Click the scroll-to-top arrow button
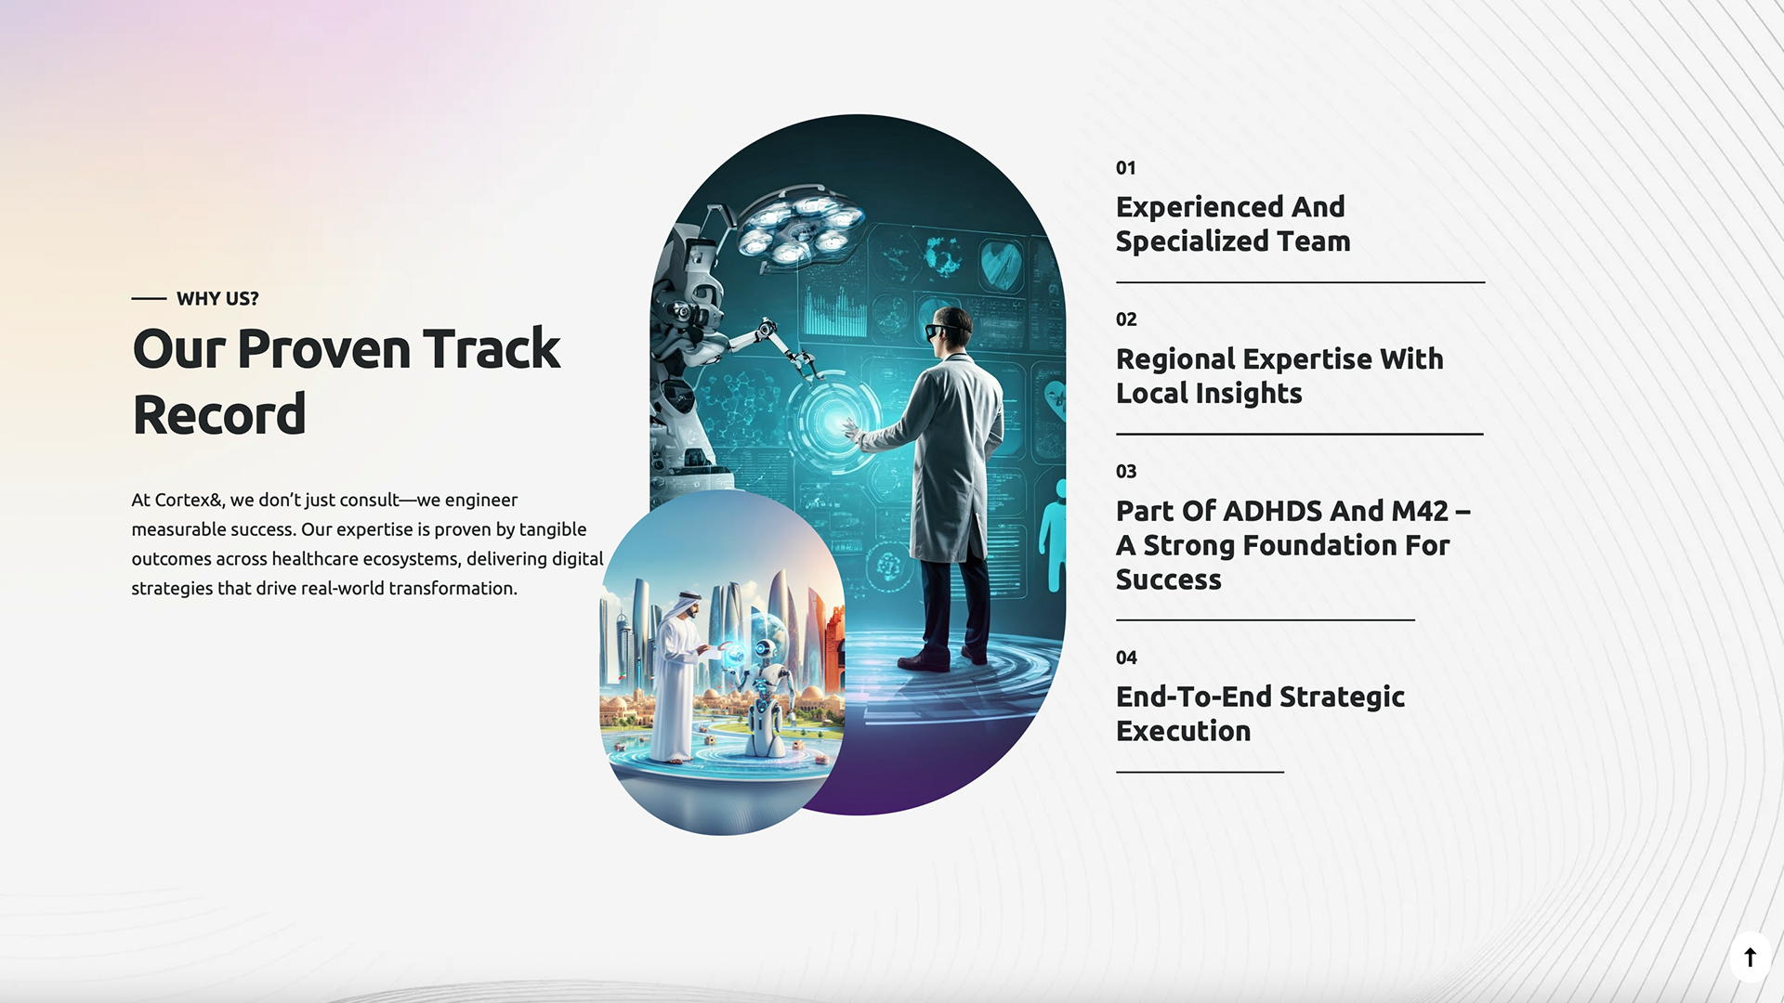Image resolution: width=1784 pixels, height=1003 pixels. click(1750, 957)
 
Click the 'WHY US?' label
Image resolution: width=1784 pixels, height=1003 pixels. click(217, 299)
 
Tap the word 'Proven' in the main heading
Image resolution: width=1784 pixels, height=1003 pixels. click(324, 349)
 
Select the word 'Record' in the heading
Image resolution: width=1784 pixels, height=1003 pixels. click(219, 414)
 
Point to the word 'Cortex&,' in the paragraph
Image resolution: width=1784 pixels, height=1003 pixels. click(190, 500)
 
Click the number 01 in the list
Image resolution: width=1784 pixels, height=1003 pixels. click(1126, 168)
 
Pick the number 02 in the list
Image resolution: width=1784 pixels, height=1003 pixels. click(1126, 319)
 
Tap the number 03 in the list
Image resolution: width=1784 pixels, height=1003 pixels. click(1126, 472)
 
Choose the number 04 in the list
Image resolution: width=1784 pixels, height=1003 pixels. click(1126, 658)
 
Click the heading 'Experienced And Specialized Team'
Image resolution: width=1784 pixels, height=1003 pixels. click(1233, 224)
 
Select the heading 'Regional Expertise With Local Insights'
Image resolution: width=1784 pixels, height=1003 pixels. click(1279, 376)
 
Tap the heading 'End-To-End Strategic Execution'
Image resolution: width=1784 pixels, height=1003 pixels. click(1260, 713)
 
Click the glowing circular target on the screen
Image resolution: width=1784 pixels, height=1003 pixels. click(833, 421)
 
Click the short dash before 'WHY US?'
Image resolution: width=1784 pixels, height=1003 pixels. click(149, 299)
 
